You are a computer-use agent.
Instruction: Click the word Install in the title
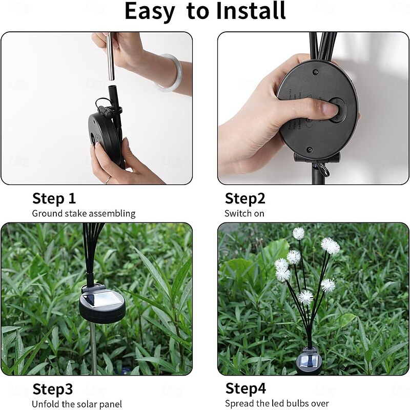[x=251, y=10]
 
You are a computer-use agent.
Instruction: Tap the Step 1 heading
[x=54, y=198]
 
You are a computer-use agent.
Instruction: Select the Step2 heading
[x=245, y=198]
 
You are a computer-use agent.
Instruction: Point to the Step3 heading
[x=53, y=389]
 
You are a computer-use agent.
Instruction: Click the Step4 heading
[x=245, y=388]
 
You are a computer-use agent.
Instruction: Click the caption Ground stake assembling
[x=84, y=214]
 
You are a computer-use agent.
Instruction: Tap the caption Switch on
[x=244, y=214]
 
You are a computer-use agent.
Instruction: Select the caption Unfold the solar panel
[x=77, y=404]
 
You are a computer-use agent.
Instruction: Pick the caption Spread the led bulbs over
[x=277, y=403]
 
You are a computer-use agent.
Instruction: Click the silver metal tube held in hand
[x=110, y=56]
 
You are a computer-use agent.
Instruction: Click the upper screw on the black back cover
[x=316, y=72]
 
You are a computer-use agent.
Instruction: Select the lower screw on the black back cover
[x=310, y=150]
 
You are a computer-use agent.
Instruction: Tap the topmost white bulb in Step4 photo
[x=298, y=233]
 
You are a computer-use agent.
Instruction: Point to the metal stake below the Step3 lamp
[x=93, y=348]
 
